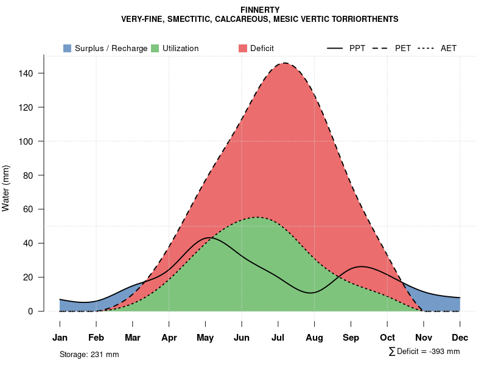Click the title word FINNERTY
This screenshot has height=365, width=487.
click(260, 10)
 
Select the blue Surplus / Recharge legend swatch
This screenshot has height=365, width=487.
click(68, 48)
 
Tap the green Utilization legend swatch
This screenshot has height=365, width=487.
click(155, 48)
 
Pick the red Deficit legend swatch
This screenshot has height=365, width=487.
click(243, 48)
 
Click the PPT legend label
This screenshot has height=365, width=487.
click(357, 48)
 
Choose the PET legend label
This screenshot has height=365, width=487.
click(403, 48)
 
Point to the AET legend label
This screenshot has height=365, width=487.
click(449, 48)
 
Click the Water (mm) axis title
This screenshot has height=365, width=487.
click(6, 189)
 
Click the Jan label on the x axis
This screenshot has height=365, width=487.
click(60, 338)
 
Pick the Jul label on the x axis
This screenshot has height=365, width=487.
click(278, 338)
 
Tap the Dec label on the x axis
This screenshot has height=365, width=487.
click(460, 338)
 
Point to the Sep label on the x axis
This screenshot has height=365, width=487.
click(351, 338)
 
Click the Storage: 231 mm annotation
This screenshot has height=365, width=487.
click(89, 354)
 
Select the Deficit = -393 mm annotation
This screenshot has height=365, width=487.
click(424, 352)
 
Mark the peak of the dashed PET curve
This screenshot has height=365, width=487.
click(284, 63)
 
